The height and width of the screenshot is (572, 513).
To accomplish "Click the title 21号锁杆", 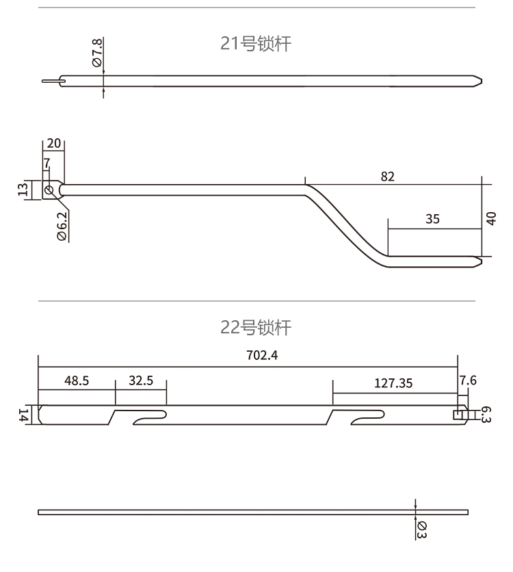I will (x=255, y=45).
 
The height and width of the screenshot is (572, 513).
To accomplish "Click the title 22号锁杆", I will (x=255, y=328).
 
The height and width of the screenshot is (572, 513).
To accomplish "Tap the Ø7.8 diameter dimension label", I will (x=96, y=53).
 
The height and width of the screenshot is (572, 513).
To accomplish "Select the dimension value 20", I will (x=54, y=144).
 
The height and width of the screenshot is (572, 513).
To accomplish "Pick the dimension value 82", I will (x=388, y=176).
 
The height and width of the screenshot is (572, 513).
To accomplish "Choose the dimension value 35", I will (x=432, y=219).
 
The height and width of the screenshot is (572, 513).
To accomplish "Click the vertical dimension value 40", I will (x=491, y=218).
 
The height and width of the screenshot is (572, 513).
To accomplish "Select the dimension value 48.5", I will (x=77, y=382).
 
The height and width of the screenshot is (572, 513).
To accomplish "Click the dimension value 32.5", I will (x=140, y=382).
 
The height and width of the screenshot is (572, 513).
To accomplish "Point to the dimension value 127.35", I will (x=393, y=383).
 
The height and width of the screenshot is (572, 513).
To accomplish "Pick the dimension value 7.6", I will (x=469, y=382).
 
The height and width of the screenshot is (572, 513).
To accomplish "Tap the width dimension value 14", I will (x=23, y=414).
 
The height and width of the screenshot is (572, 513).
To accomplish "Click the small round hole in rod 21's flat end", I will (x=49, y=190).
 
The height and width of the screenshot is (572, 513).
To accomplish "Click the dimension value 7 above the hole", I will (x=47, y=164).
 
